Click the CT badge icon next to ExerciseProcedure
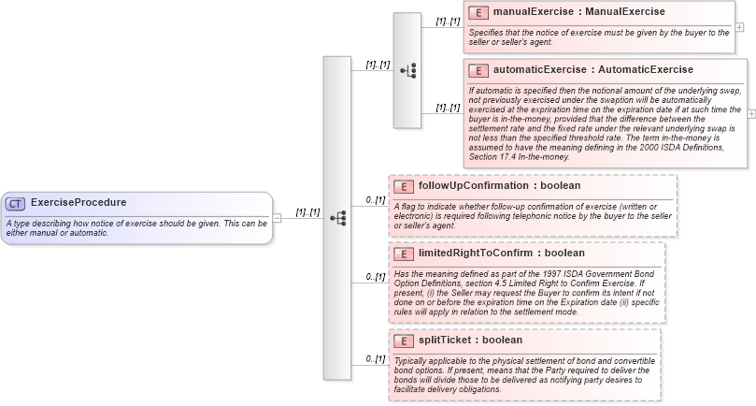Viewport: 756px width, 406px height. (x=16, y=203)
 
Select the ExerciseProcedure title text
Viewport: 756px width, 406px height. (x=78, y=202)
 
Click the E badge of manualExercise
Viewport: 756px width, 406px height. (x=478, y=13)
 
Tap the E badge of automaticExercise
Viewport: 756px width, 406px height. (x=478, y=70)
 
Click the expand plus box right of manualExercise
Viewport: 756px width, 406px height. (x=739, y=27)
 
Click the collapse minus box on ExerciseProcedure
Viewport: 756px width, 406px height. (x=277, y=218)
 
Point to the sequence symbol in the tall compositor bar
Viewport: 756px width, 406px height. (x=337, y=218)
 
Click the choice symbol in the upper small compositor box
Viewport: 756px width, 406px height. (x=407, y=70)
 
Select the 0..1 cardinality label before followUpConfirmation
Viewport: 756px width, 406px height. (x=374, y=200)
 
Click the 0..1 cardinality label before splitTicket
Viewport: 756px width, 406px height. (x=374, y=358)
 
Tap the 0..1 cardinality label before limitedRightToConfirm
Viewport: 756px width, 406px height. (x=374, y=276)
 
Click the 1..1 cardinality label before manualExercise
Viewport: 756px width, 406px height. (x=448, y=21)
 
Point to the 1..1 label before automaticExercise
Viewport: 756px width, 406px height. (x=448, y=107)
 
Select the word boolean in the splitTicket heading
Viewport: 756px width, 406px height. (x=502, y=340)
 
